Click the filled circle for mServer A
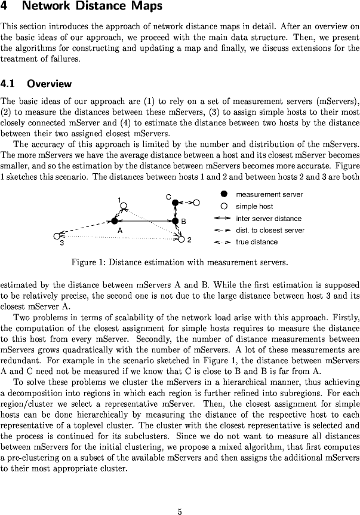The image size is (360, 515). coord(114,221)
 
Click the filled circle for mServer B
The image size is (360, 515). coord(176,221)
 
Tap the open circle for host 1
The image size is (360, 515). coord(123,206)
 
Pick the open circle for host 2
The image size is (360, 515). coord(181,240)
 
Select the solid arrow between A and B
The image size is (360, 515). coord(144,221)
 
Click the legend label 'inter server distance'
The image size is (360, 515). coord(269,218)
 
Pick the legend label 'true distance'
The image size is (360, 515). coord(257,242)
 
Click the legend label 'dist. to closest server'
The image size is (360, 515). coord(270,230)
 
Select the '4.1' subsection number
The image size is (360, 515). coord(9,84)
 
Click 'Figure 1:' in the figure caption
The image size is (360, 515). coord(88,262)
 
